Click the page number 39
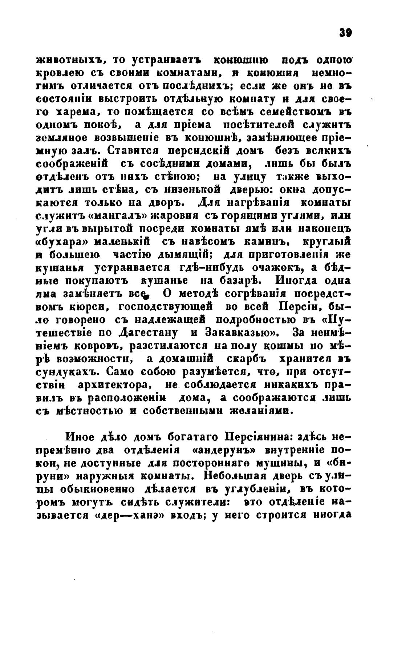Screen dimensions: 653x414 coord(345,33)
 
